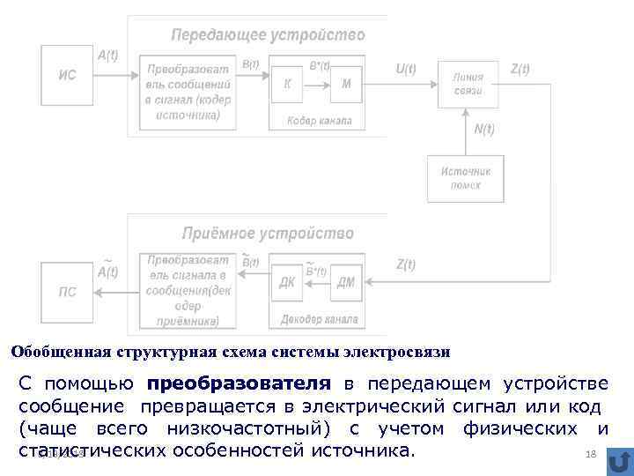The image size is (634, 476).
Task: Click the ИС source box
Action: pyautogui.click(x=67, y=76)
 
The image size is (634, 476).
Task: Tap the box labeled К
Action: pyautogui.click(x=287, y=84)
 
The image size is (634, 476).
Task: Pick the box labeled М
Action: pyautogui.click(x=345, y=84)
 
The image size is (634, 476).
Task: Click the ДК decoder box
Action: pyautogui.click(x=288, y=283)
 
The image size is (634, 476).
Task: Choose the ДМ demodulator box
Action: pyautogui.click(x=346, y=283)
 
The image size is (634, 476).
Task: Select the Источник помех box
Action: pyautogui.click(x=466, y=178)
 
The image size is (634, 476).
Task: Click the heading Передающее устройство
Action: pyautogui.click(x=268, y=35)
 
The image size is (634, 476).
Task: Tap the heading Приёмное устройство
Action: pyautogui.click(x=268, y=234)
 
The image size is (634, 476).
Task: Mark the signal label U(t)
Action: pyautogui.click(x=406, y=69)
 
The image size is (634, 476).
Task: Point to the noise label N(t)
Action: pyautogui.click(x=484, y=130)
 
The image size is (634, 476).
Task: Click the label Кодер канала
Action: pyautogui.click(x=319, y=121)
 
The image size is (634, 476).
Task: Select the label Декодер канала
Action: pyautogui.click(x=319, y=319)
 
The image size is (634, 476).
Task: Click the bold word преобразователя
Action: pyautogui.click(x=240, y=384)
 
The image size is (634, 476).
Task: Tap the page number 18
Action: pyautogui.click(x=591, y=452)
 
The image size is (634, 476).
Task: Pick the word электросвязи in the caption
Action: pyautogui.click(x=400, y=353)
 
